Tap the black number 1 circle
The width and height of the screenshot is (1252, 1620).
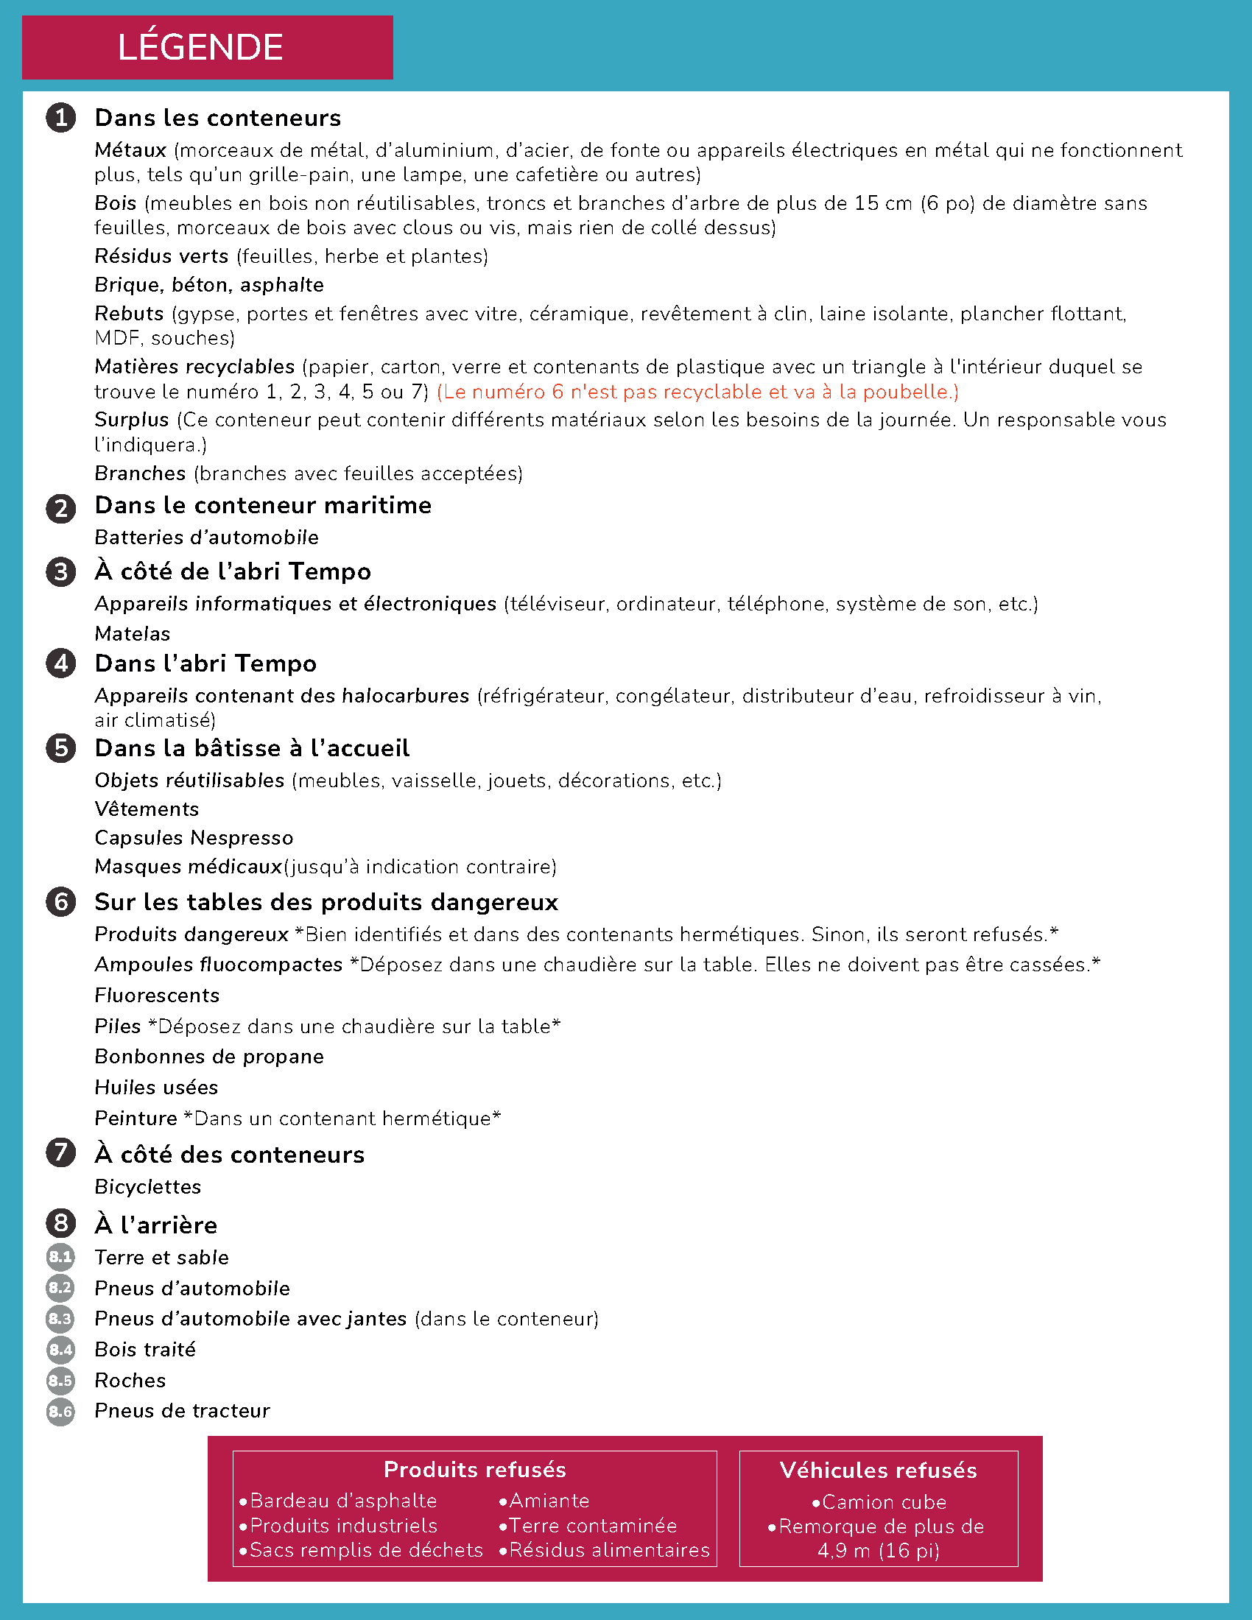(x=61, y=118)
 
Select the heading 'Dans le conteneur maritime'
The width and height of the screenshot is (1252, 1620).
(x=263, y=505)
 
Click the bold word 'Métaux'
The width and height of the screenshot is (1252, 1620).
(x=130, y=150)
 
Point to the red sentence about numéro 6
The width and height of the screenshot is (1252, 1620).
(x=697, y=392)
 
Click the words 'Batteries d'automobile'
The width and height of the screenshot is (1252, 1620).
(x=206, y=537)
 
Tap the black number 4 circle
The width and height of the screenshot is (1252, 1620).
(x=61, y=663)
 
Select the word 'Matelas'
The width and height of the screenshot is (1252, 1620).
(x=132, y=633)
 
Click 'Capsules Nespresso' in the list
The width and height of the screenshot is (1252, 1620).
(x=194, y=837)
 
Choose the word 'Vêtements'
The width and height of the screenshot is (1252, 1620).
(x=146, y=809)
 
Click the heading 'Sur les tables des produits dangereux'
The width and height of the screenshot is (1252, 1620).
(x=326, y=902)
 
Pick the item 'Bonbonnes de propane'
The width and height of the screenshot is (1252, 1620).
(x=208, y=1056)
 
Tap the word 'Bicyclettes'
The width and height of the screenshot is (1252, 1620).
(x=147, y=1187)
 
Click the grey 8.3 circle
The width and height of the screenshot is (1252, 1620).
(x=60, y=1319)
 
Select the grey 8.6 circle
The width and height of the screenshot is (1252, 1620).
(x=60, y=1411)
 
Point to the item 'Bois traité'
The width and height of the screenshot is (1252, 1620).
(x=144, y=1349)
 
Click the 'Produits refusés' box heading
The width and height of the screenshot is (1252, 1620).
(x=475, y=1470)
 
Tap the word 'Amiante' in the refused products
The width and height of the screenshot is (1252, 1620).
(x=548, y=1501)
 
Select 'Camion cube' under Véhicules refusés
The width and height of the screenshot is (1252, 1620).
(x=882, y=1502)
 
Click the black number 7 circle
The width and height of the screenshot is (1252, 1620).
(x=61, y=1152)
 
